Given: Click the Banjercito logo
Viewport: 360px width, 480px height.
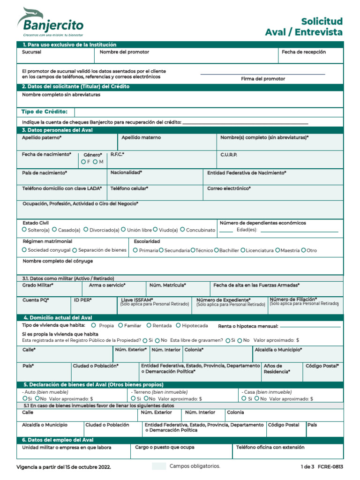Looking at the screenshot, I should (x=50, y=22).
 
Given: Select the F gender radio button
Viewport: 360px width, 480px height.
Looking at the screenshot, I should (x=83, y=162).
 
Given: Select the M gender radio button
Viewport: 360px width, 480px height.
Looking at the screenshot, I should (x=95, y=162).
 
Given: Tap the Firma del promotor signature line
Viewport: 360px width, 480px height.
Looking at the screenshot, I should (x=262, y=74).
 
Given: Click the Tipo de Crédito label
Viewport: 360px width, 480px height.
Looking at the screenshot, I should (x=45, y=112).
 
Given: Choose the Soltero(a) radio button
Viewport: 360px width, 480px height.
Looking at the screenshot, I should (x=24, y=230).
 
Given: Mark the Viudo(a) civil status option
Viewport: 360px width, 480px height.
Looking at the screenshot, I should (x=156, y=230).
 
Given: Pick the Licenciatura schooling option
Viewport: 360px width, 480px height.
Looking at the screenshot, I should (x=243, y=250).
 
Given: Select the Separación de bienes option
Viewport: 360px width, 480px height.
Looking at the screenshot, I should (x=75, y=250).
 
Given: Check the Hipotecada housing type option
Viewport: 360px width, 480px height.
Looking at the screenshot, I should (x=179, y=325).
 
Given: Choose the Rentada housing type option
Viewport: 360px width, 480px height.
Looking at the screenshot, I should (x=149, y=325).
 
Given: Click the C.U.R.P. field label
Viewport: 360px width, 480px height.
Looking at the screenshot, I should (x=229, y=154).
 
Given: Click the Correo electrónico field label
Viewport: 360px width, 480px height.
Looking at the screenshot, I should (x=229, y=188).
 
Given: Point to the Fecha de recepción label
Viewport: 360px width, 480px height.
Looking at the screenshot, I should (x=303, y=52).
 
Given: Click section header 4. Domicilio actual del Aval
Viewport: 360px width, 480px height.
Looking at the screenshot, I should (x=58, y=317).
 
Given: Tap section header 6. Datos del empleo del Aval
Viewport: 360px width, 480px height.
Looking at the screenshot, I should (x=58, y=440).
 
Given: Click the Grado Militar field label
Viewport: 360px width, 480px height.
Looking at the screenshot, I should (x=37, y=285).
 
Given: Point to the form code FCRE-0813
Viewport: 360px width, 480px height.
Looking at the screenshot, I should (x=330, y=467).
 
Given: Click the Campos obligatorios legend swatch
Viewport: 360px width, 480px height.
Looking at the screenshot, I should (x=159, y=466).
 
